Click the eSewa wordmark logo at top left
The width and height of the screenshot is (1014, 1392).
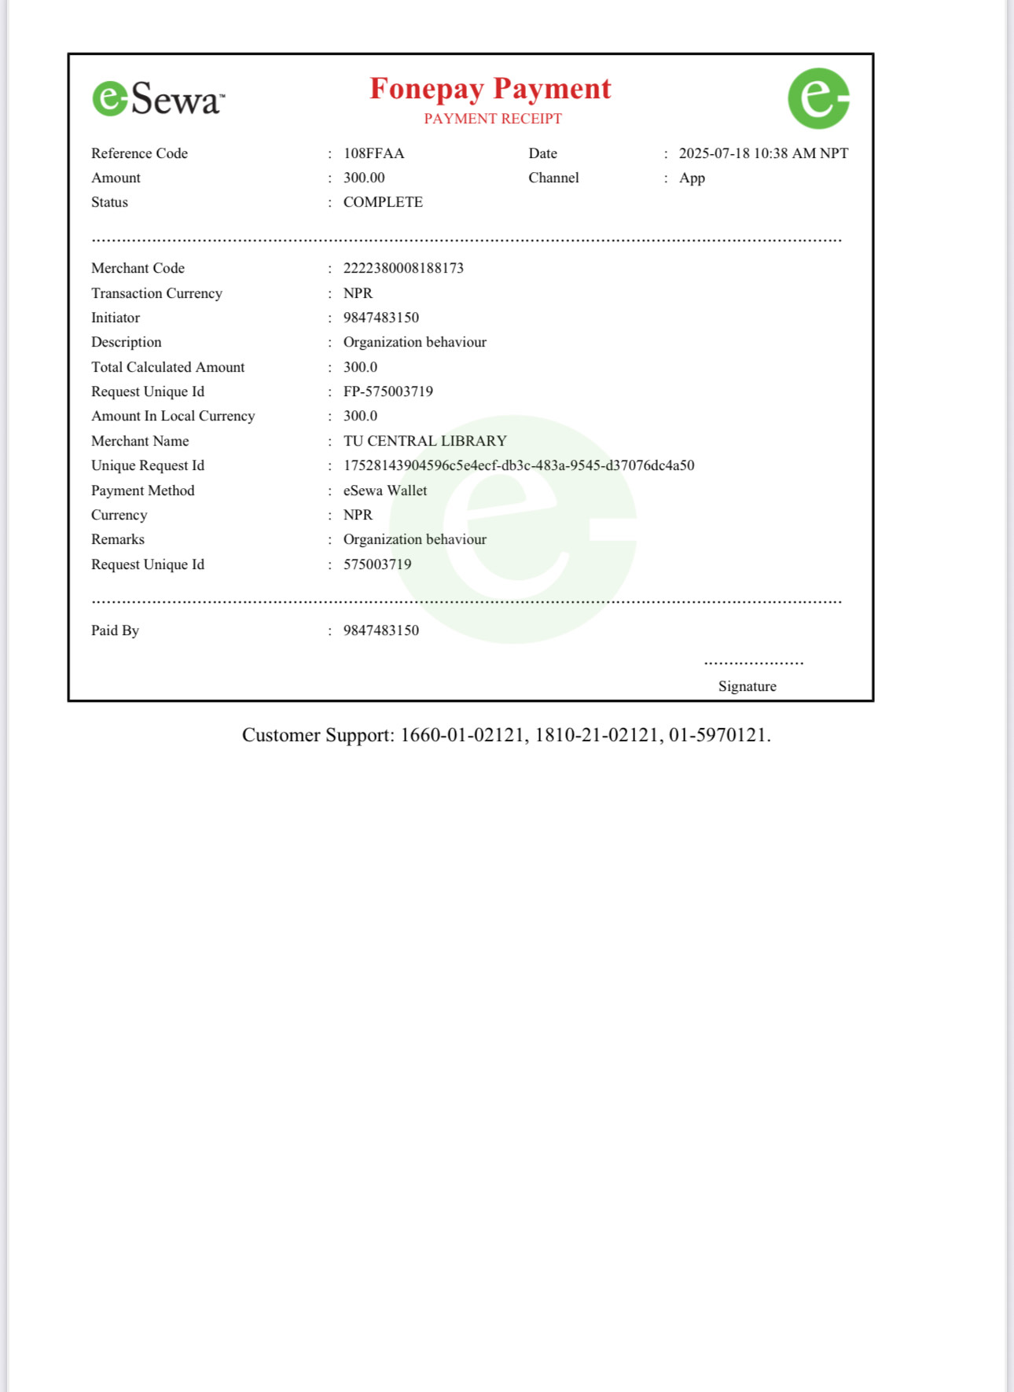tap(158, 99)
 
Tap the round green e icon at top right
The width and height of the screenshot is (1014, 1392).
tap(818, 98)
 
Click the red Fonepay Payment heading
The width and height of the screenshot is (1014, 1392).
tap(490, 89)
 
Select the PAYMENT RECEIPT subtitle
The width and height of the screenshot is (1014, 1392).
tap(493, 119)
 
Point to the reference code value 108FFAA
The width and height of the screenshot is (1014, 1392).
tap(373, 153)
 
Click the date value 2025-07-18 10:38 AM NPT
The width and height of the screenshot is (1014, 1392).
tap(763, 153)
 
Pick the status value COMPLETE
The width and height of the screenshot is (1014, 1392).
tap(383, 202)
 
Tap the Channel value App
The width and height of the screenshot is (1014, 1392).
tap(692, 178)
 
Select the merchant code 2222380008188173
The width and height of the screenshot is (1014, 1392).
tap(403, 268)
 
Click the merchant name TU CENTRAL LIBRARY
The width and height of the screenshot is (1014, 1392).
tap(424, 441)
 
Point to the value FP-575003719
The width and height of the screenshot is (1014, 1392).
tap(388, 391)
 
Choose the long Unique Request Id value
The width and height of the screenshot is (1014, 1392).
tap(519, 465)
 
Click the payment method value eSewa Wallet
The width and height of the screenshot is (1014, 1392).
tap(385, 490)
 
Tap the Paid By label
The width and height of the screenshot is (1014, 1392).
tap(115, 630)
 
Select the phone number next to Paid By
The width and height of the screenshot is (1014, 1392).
tap(380, 630)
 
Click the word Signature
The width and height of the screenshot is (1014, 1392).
tap(747, 686)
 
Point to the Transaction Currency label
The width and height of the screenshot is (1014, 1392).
tap(156, 293)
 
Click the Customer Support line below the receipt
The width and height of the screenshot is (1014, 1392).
tap(506, 735)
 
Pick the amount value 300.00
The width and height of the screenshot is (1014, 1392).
tap(364, 178)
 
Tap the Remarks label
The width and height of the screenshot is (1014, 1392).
tap(118, 539)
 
